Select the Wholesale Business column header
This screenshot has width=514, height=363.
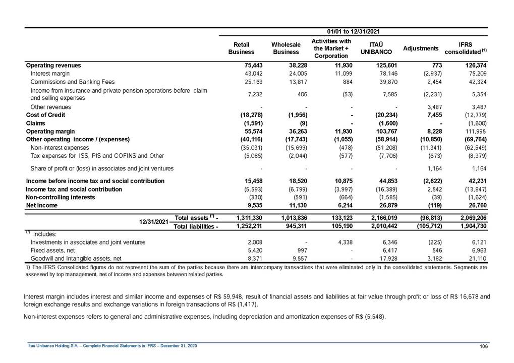click(x=286, y=48)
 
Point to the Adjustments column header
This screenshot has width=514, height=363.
click(x=421, y=48)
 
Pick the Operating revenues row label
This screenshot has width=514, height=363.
click(x=53, y=65)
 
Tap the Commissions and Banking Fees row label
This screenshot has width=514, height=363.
click(x=73, y=82)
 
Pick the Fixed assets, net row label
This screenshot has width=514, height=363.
click(x=52, y=250)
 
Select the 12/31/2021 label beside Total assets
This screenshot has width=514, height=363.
click(x=154, y=221)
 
